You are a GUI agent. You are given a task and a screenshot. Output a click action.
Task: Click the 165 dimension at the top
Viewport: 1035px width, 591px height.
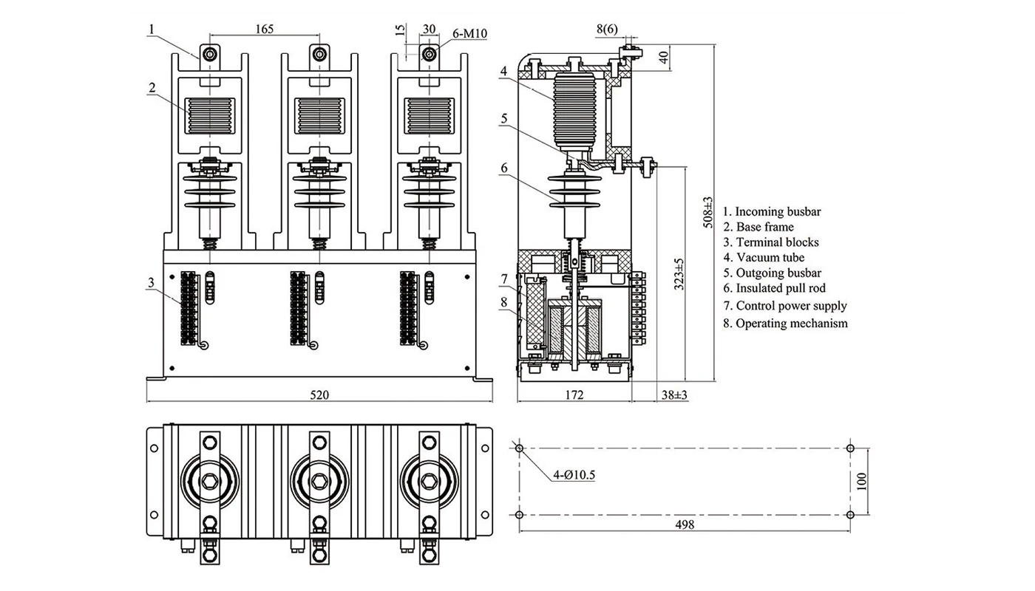[x=265, y=29]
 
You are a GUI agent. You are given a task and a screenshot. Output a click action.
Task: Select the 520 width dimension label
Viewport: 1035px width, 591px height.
[x=319, y=395]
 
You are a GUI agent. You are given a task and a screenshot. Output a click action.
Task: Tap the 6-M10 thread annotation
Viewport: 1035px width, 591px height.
[x=469, y=34]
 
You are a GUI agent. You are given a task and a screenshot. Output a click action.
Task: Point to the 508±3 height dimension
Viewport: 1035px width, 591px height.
[x=707, y=212]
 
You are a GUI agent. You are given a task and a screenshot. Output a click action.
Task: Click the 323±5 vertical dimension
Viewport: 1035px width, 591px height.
[x=679, y=273]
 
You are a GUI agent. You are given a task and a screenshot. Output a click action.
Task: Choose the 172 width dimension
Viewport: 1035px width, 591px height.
[x=574, y=395]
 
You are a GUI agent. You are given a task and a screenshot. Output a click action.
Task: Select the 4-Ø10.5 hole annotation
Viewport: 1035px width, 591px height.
[x=574, y=474]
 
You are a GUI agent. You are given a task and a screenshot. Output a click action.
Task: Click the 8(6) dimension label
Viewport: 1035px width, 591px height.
[x=607, y=29]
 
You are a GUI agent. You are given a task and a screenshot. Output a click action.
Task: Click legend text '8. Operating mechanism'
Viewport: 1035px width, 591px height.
[x=785, y=324]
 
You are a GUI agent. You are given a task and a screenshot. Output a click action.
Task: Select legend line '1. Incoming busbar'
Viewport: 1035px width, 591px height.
[x=772, y=211]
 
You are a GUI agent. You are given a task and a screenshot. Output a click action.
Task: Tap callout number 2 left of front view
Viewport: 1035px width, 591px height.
[x=151, y=87]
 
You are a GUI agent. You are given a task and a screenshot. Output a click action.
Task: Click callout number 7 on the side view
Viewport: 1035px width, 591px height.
[x=503, y=279]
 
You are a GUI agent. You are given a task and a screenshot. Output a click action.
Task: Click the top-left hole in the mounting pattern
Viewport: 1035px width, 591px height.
[x=519, y=448]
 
